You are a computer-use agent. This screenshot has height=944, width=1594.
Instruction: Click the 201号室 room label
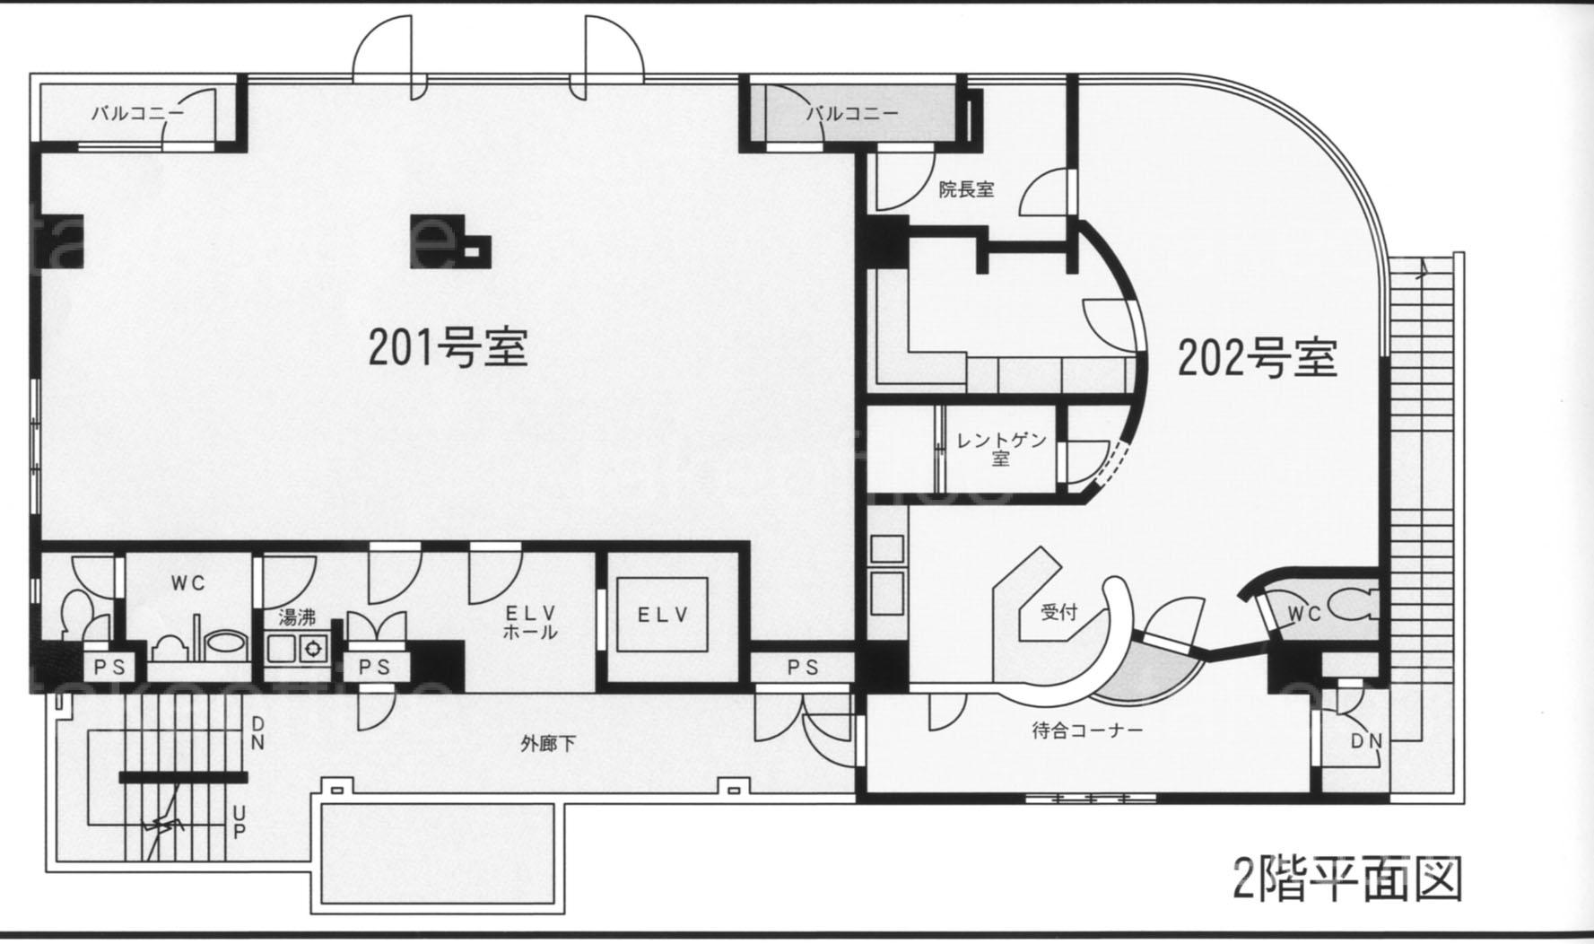pos(448,347)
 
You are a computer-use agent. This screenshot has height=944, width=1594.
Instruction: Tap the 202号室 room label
pos(1257,358)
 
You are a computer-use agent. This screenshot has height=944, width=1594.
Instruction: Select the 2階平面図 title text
pos(1347,879)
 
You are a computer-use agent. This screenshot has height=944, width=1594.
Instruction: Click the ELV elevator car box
pos(662,615)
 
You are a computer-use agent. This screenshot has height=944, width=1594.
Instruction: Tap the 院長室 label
pos(966,190)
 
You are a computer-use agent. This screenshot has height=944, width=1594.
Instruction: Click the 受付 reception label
pos(1058,613)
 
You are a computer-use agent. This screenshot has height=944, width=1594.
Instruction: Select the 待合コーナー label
pos(1087,730)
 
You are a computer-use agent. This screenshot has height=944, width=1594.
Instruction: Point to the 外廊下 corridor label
pos(548,743)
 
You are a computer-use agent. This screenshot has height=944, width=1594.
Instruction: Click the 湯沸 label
pos(296,617)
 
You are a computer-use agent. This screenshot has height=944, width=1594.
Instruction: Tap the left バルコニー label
pos(138,113)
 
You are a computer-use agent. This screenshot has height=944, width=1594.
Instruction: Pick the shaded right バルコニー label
pos(851,113)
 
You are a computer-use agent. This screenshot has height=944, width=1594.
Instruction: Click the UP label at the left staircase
pos(239,821)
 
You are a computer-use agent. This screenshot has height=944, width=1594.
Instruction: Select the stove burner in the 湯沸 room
pos(313,647)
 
